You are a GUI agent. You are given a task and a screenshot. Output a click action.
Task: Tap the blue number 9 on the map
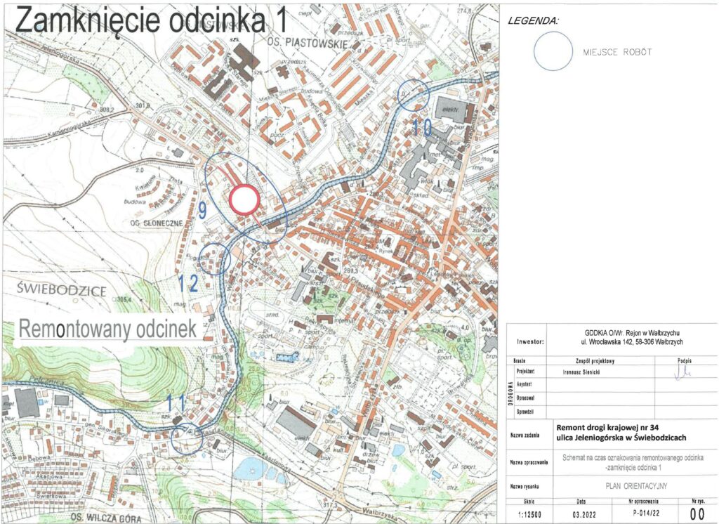click(x=202, y=209)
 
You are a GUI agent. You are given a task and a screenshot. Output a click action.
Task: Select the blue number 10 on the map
click(x=421, y=127)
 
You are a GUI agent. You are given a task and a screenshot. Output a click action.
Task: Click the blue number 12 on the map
click(x=188, y=283)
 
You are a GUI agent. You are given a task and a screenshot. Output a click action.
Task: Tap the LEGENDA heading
click(x=534, y=21)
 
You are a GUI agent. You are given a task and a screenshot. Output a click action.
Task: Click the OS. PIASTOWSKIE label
click(x=308, y=44)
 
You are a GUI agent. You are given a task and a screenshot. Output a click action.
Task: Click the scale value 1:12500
click(x=529, y=515)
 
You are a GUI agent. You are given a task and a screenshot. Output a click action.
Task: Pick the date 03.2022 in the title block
click(x=581, y=515)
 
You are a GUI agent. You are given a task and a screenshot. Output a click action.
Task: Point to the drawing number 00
click(x=697, y=515)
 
